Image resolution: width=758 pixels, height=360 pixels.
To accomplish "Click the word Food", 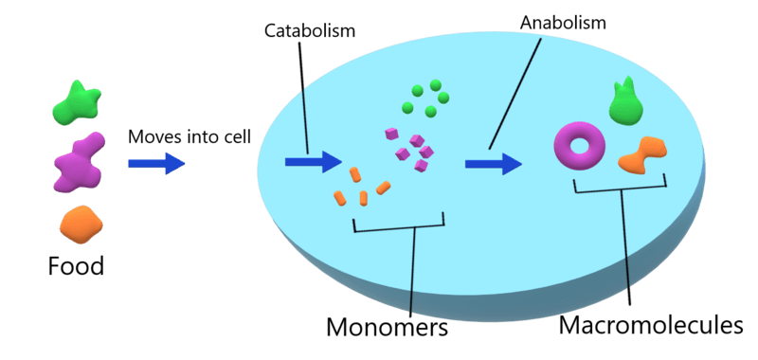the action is [76, 266].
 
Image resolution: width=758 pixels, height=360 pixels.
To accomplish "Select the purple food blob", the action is [79, 162].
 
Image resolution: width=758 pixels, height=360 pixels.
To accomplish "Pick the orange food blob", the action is [81, 225].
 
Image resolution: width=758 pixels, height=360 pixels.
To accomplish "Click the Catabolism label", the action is [310, 31].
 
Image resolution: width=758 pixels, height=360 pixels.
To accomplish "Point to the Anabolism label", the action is [563, 23].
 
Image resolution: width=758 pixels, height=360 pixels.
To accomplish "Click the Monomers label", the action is [387, 327].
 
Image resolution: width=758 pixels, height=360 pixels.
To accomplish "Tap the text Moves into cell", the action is [189, 137].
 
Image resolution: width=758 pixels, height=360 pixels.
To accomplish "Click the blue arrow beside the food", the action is [156, 164].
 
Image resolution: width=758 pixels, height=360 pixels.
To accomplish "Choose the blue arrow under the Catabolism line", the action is [314, 162].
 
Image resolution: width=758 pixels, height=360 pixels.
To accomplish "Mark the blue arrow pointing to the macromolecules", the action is [494, 164].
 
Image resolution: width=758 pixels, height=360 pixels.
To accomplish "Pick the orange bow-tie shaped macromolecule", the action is [643, 154].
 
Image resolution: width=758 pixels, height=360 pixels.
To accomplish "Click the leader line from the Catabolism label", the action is [304, 98].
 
